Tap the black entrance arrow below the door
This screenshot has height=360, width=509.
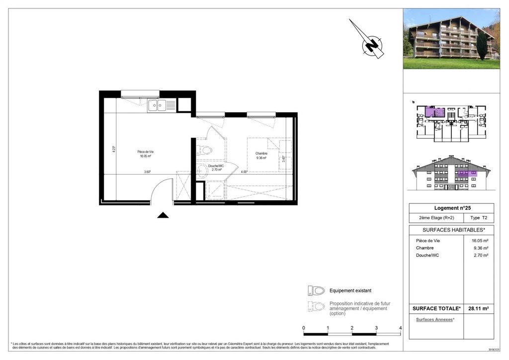(x=163, y=215)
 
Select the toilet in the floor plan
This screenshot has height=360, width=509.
(x=205, y=150)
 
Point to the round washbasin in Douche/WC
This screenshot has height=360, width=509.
(x=202, y=171)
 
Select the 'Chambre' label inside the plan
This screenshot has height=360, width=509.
(x=261, y=154)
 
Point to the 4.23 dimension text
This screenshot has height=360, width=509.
(x=114, y=149)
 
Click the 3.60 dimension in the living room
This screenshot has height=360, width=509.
(x=147, y=172)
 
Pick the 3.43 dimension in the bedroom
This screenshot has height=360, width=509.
(x=283, y=159)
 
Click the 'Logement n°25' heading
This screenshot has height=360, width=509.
(x=451, y=208)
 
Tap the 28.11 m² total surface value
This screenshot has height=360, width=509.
(x=478, y=309)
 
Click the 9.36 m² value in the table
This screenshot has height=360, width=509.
(x=480, y=248)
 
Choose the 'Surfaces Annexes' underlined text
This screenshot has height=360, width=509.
(x=435, y=320)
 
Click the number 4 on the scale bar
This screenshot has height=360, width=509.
(x=400, y=328)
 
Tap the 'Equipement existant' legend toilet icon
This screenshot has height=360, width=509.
(x=316, y=290)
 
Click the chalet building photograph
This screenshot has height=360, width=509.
(x=451, y=39)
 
